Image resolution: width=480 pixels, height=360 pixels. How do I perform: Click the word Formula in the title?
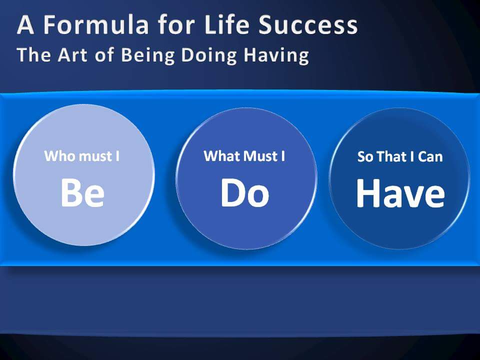pyautogui.click(x=96, y=24)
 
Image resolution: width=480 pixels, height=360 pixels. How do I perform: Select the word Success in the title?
pyautogui.click(x=308, y=24)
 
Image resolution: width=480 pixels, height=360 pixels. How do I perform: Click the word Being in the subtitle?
pyautogui.click(x=148, y=55)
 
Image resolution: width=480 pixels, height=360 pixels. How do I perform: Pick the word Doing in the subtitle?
pyautogui.click(x=209, y=55)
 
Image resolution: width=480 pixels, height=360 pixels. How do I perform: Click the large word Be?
pyautogui.click(x=82, y=193)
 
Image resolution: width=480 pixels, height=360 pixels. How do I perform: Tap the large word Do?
pyautogui.click(x=245, y=193)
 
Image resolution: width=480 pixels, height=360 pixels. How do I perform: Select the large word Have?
pyautogui.click(x=400, y=193)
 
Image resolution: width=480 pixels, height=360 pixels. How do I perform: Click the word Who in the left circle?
pyautogui.click(x=60, y=156)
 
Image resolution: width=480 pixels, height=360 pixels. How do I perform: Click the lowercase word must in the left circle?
pyautogui.click(x=95, y=156)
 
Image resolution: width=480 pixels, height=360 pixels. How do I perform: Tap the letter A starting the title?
pyautogui.click(x=25, y=24)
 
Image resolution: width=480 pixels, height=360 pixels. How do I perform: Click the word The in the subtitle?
pyautogui.click(x=34, y=55)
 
